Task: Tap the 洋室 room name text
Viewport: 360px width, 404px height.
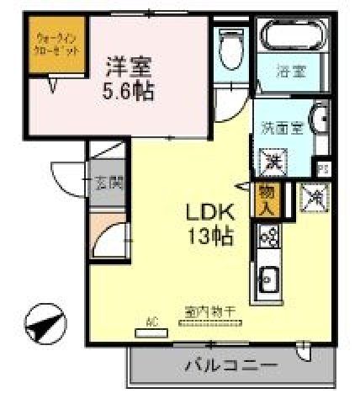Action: (x=129, y=65)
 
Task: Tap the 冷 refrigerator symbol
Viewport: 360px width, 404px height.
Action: (x=315, y=196)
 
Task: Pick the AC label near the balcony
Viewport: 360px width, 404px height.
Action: (x=152, y=321)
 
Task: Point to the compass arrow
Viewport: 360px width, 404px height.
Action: (x=45, y=322)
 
